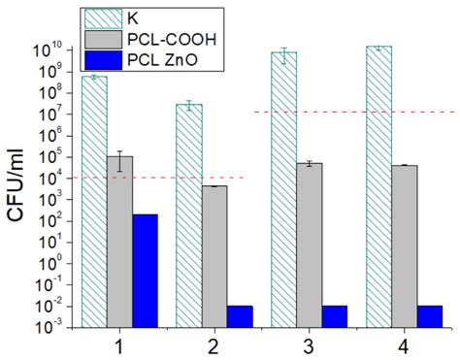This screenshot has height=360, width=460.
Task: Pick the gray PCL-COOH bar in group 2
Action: (214, 256)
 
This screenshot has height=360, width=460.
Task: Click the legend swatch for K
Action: (100, 16)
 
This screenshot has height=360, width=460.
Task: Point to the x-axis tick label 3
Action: (309, 345)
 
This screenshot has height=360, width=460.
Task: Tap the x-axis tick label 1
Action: (119, 345)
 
